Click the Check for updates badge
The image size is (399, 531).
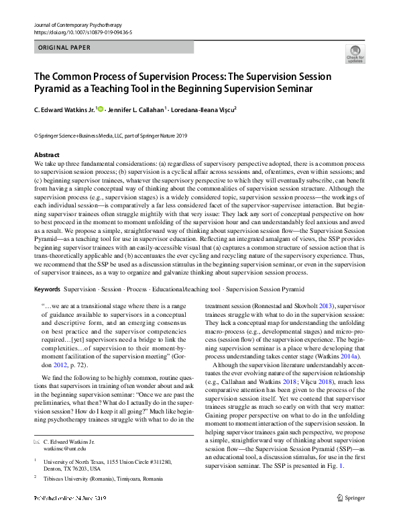point(355,53)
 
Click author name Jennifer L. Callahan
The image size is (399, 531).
point(133,109)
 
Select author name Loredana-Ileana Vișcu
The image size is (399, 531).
point(203,109)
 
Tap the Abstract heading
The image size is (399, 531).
point(46,155)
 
